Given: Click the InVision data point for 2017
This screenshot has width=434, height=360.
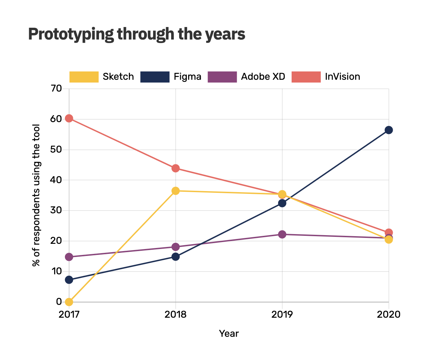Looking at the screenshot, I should pyautogui.click(x=69, y=118).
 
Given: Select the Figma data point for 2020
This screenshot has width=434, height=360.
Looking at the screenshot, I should pyautogui.click(x=389, y=130).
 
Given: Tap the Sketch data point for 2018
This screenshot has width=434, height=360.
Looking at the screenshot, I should pyautogui.click(x=176, y=191).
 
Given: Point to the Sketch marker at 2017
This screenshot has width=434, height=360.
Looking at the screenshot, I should pyautogui.click(x=69, y=302).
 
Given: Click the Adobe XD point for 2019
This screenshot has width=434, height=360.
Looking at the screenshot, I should pyautogui.click(x=282, y=234).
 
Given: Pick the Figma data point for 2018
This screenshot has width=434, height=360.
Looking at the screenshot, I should pyautogui.click(x=176, y=257).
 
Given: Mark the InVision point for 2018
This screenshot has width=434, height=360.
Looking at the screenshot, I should pyautogui.click(x=176, y=168).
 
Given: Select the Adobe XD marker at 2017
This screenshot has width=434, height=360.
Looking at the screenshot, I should pyautogui.click(x=69, y=257).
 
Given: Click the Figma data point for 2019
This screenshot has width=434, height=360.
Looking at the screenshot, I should pyautogui.click(x=282, y=203).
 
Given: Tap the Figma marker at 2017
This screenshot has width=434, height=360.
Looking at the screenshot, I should pyautogui.click(x=69, y=280).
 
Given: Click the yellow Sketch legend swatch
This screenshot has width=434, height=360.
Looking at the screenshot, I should pyautogui.click(x=84, y=77).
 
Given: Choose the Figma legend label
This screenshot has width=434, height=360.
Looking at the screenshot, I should pyautogui.click(x=187, y=77).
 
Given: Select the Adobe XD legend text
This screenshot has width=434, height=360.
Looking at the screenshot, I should pyautogui.click(x=263, y=77).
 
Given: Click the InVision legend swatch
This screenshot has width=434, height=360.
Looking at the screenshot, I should pyautogui.click(x=306, y=77).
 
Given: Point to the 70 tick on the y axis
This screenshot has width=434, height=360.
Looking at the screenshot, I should pyautogui.click(x=56, y=88).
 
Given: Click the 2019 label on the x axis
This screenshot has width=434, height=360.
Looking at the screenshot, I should pyautogui.click(x=282, y=315).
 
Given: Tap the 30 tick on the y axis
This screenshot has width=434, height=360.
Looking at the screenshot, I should pyautogui.click(x=56, y=210).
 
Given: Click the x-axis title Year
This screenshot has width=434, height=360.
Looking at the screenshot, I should pyautogui.click(x=229, y=334).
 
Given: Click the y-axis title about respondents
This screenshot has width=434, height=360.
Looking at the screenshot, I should pyautogui.click(x=36, y=195).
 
